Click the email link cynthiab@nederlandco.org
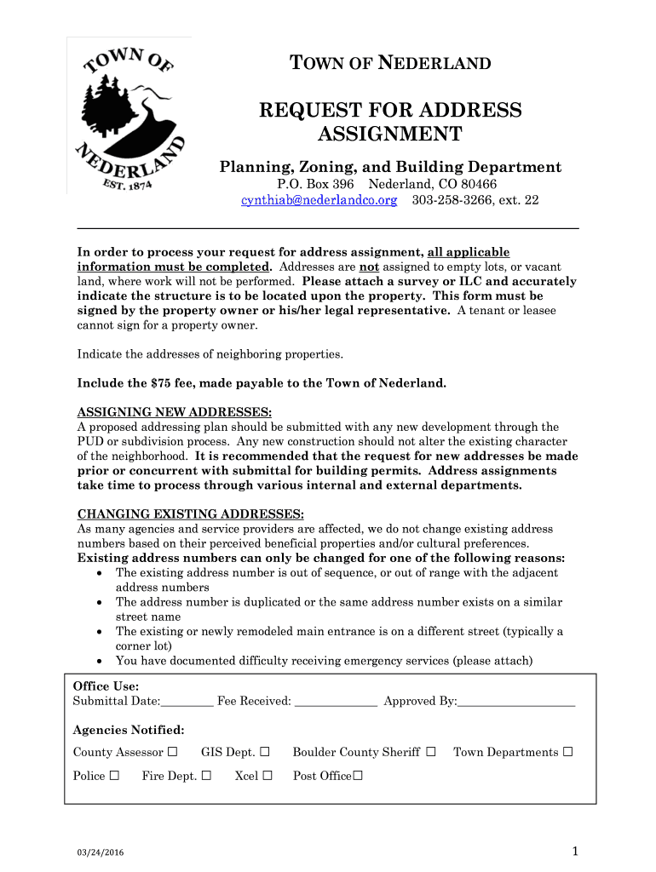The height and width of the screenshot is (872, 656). tap(319, 200)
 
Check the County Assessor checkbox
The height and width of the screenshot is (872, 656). tap(173, 752)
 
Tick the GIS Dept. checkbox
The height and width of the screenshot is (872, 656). tap(265, 752)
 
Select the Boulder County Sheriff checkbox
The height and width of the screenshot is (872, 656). tap(430, 752)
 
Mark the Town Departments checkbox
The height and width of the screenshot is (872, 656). tap(568, 752)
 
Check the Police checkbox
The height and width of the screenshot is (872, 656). tap(114, 776)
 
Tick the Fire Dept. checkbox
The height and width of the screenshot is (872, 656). tap(206, 776)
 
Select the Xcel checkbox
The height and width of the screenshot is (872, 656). tap(268, 776)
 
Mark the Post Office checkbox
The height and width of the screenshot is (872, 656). tap(358, 776)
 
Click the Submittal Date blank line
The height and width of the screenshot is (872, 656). tap(187, 703)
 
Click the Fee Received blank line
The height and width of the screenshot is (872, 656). tap(336, 703)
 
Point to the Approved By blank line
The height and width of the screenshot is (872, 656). tap(516, 703)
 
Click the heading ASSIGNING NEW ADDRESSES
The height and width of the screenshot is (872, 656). tap(175, 412)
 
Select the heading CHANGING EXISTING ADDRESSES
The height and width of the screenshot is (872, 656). tap(191, 514)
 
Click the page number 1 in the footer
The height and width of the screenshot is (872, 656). tap(576, 852)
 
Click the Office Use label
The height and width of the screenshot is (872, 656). tap(106, 686)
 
